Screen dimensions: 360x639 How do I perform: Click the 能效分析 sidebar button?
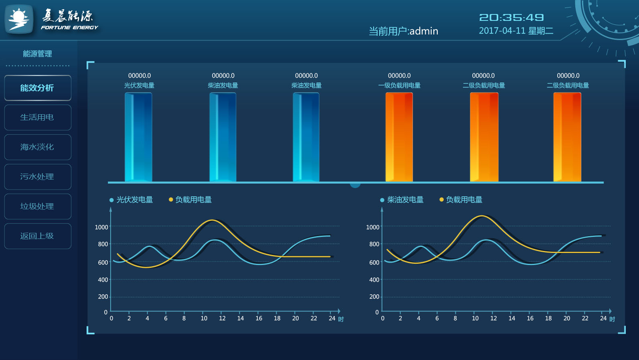coord(37,88)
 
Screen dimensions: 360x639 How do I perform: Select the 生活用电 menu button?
coord(37,117)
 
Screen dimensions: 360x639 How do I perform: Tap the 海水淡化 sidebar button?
coord(37,147)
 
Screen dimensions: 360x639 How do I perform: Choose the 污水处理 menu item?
coord(37,177)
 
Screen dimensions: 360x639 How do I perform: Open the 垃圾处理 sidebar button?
coord(37,206)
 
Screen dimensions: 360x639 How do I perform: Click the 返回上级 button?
coord(37,236)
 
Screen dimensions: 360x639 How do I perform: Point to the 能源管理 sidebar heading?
coord(37,54)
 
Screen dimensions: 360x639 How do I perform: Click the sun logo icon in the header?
coord(19,19)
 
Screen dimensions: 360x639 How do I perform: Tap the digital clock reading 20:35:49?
coord(512,18)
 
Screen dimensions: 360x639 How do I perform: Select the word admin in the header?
coord(424,31)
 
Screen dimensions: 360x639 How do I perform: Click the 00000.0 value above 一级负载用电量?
coord(399,76)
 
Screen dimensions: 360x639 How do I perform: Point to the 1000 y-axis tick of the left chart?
coord(101,227)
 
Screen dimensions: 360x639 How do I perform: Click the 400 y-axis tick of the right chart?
coord(374,280)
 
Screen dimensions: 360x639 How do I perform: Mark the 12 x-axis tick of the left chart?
coord(222,318)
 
